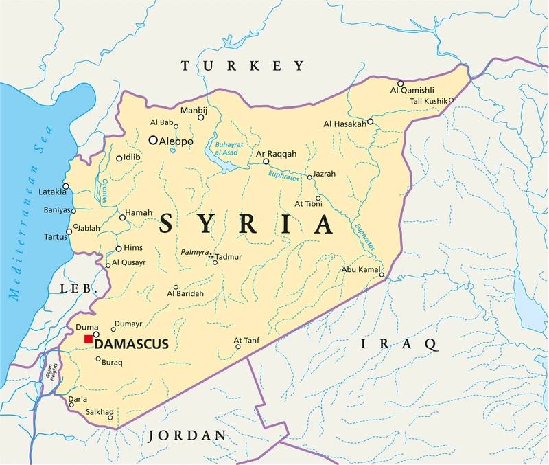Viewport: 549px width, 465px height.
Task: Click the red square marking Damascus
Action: click(88, 339)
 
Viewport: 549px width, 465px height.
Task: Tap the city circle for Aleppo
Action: click(153, 139)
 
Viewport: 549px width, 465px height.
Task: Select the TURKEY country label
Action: click(242, 66)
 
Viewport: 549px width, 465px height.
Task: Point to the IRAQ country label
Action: click(398, 343)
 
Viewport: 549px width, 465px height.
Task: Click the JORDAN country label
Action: click(187, 435)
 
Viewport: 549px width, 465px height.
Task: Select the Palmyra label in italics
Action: click(194, 253)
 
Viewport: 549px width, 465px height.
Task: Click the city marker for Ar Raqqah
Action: click(266, 161)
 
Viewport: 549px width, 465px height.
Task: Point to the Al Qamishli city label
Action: click(412, 91)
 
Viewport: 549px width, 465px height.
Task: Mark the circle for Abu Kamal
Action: click(382, 276)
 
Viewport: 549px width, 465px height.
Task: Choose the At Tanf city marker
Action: click(238, 346)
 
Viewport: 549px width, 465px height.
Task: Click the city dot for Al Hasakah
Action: click(370, 121)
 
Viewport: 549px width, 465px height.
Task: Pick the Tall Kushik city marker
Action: click(451, 100)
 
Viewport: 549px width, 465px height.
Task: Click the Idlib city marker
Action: click(119, 158)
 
